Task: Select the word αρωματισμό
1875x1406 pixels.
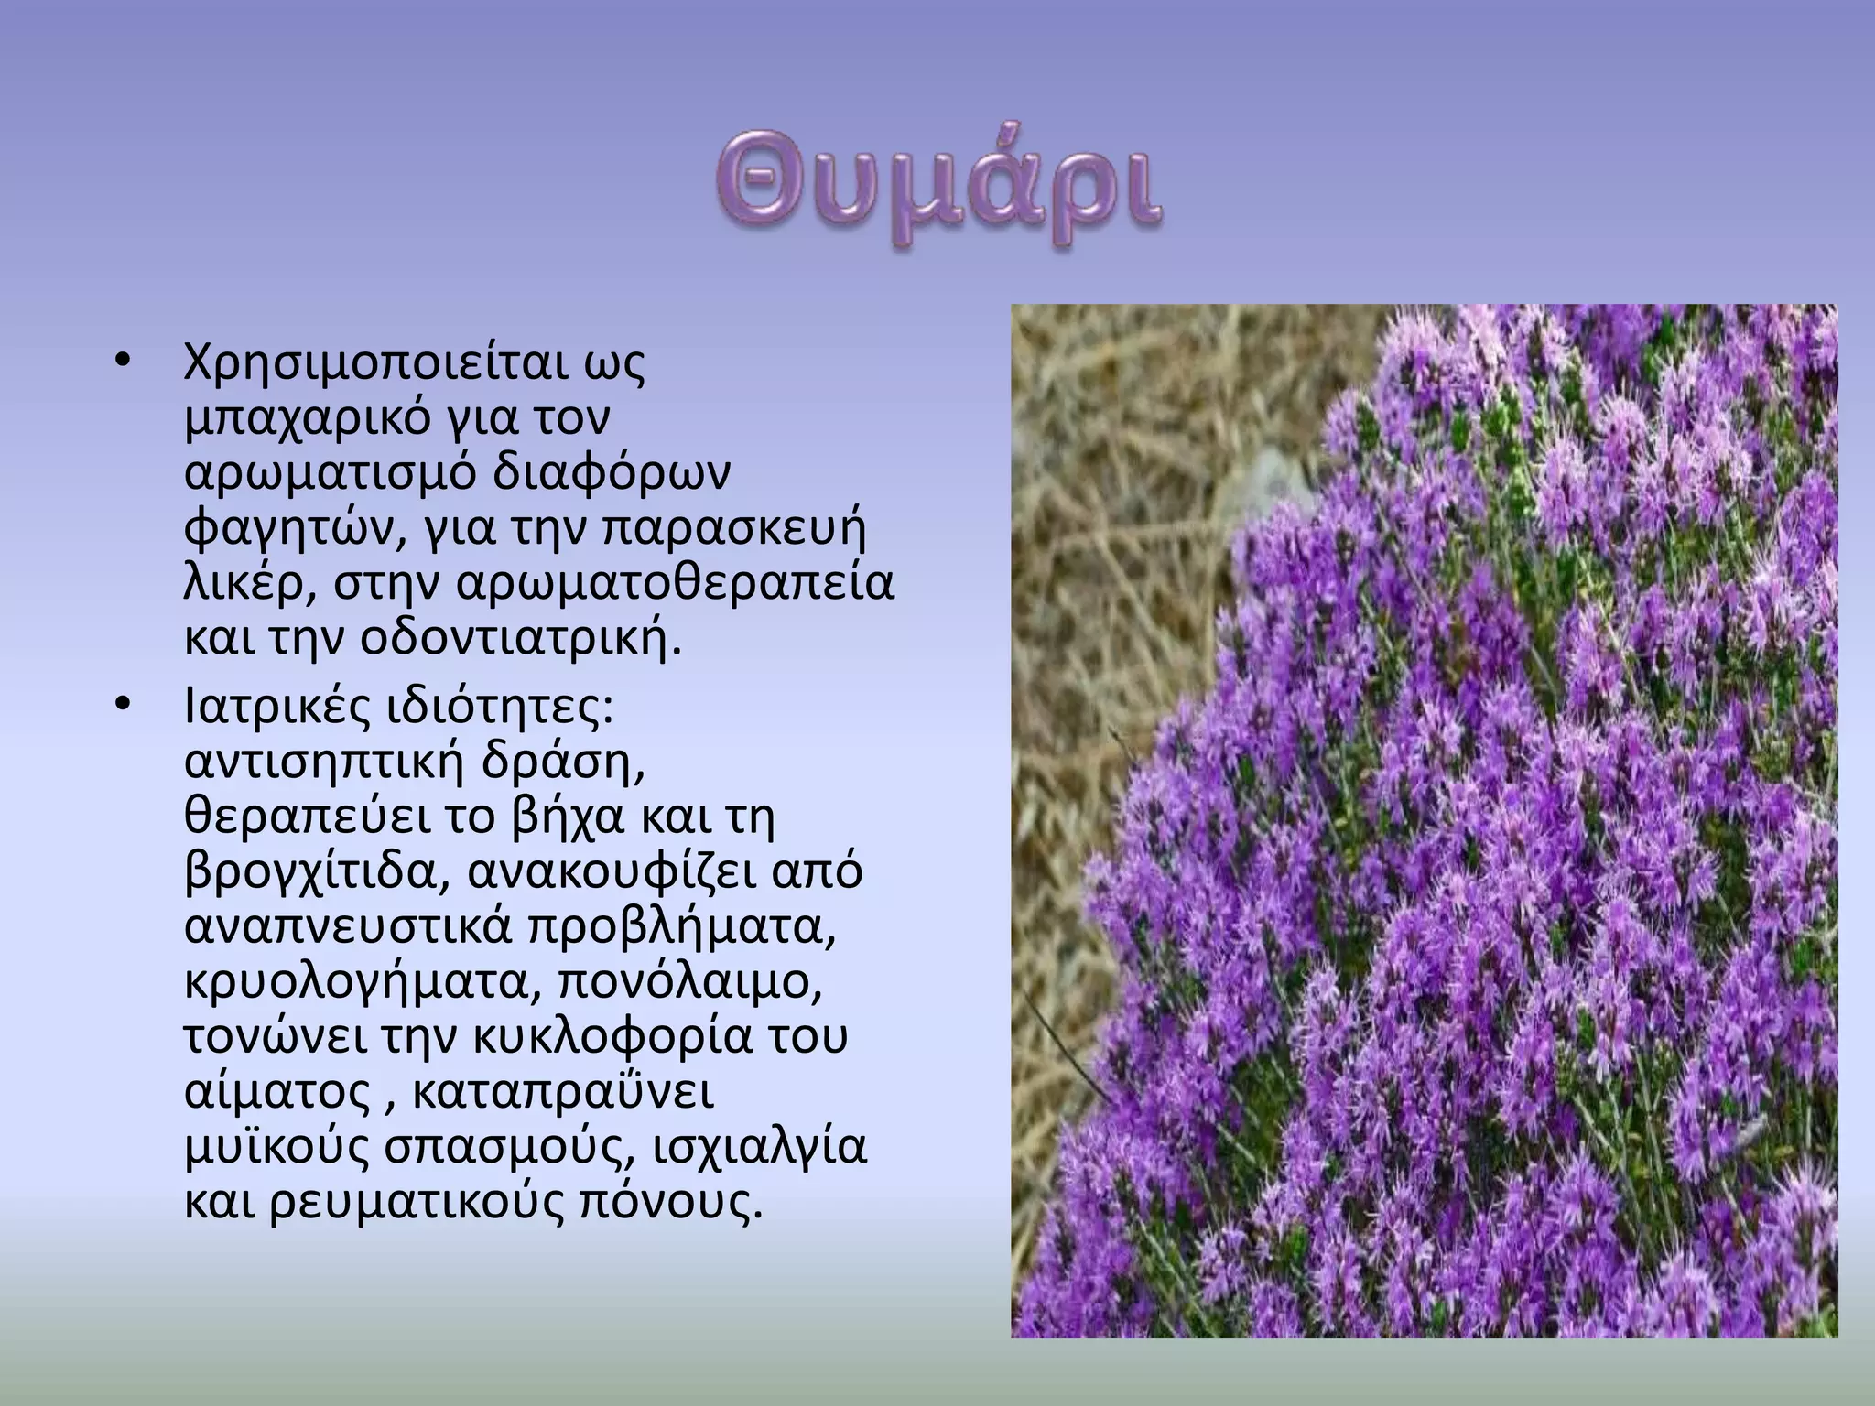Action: coord(330,475)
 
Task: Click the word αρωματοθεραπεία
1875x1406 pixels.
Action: coord(672,584)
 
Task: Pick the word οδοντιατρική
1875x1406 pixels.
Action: coord(519,639)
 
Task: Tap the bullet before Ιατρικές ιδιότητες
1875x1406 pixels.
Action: coord(125,705)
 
